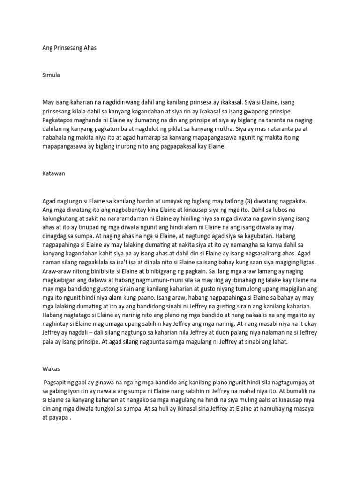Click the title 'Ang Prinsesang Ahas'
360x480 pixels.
point(69,48)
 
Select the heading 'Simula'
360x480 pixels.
point(51,75)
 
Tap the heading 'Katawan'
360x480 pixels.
point(53,173)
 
